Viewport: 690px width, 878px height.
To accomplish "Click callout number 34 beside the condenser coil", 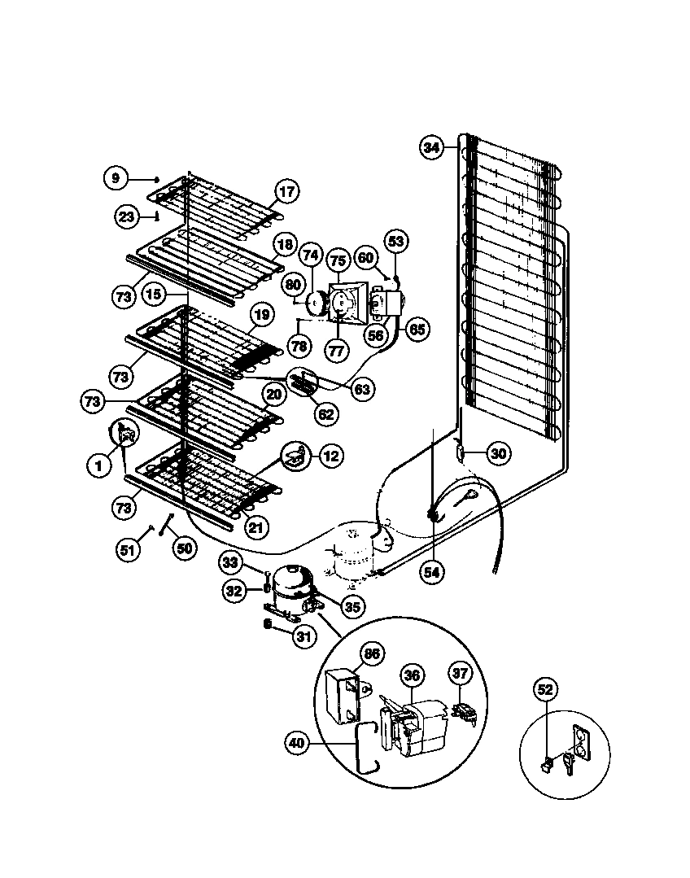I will click(x=431, y=147).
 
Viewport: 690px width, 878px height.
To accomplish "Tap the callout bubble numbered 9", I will click(x=116, y=177).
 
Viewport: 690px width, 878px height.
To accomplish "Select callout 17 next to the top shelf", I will click(x=286, y=192).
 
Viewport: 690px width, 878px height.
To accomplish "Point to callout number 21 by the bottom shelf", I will click(x=257, y=527).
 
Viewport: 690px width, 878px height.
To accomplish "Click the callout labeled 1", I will click(x=98, y=465).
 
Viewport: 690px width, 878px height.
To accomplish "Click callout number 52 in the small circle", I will click(x=546, y=690).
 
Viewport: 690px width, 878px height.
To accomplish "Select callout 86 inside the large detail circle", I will click(x=373, y=653).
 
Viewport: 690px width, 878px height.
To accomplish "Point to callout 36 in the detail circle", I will click(x=412, y=675).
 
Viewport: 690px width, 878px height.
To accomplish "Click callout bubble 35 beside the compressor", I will click(x=353, y=605).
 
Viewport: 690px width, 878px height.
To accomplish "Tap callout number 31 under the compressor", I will click(x=303, y=637).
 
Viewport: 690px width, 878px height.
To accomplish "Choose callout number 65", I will click(x=417, y=330).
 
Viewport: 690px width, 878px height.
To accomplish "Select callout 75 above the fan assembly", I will click(x=338, y=261).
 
